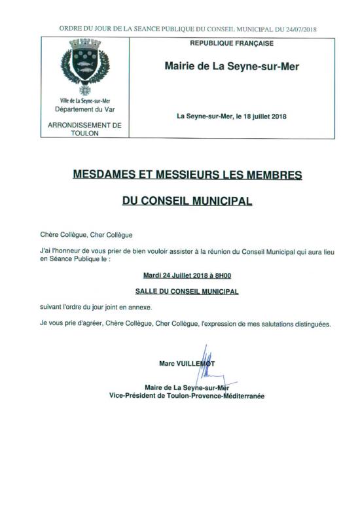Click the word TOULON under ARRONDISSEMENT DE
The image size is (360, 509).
[85, 133]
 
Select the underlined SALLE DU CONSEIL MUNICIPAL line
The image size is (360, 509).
[187, 291]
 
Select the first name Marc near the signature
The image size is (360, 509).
[166, 362]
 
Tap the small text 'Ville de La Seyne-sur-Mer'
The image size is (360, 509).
[84, 101]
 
